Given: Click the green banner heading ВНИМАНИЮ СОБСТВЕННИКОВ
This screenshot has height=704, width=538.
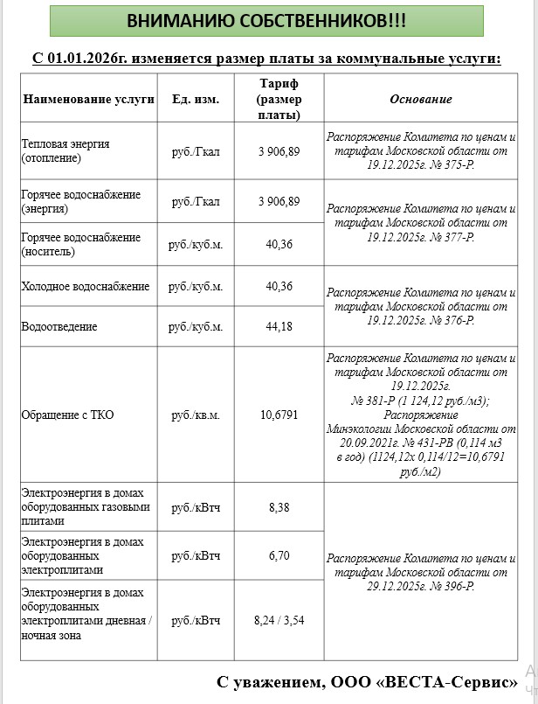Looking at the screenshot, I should pyautogui.click(x=266, y=21).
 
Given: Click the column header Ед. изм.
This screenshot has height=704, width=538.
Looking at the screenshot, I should pyautogui.click(x=196, y=99).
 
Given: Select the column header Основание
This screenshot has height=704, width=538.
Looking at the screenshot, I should pyautogui.click(x=420, y=99).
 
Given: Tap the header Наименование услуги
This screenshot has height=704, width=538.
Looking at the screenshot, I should pyautogui.click(x=88, y=99).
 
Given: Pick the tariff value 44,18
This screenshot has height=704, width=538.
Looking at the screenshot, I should pyautogui.click(x=279, y=327).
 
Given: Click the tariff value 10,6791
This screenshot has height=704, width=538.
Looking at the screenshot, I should pyautogui.click(x=279, y=415).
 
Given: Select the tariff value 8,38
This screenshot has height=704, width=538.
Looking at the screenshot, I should pyautogui.click(x=279, y=506).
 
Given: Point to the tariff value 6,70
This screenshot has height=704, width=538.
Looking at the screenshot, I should pyautogui.click(x=279, y=555).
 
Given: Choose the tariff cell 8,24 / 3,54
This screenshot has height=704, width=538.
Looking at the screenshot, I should pyautogui.click(x=279, y=620).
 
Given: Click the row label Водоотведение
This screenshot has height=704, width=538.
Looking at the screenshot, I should pyautogui.click(x=59, y=327).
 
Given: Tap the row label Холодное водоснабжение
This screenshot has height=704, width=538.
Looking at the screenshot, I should pyautogui.click(x=85, y=287).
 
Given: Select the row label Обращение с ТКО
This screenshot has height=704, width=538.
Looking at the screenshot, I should pyautogui.click(x=67, y=415).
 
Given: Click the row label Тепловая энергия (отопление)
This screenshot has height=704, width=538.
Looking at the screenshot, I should pyautogui.click(x=66, y=151).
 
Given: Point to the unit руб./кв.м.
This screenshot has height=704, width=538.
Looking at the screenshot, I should pyautogui.click(x=196, y=415).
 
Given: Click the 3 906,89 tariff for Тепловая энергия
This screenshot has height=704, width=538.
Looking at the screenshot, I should pyautogui.click(x=279, y=151).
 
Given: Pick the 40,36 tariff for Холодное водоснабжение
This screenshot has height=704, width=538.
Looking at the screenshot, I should pyautogui.click(x=279, y=287).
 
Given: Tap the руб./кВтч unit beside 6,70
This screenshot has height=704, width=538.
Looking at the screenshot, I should pyautogui.click(x=196, y=555).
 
